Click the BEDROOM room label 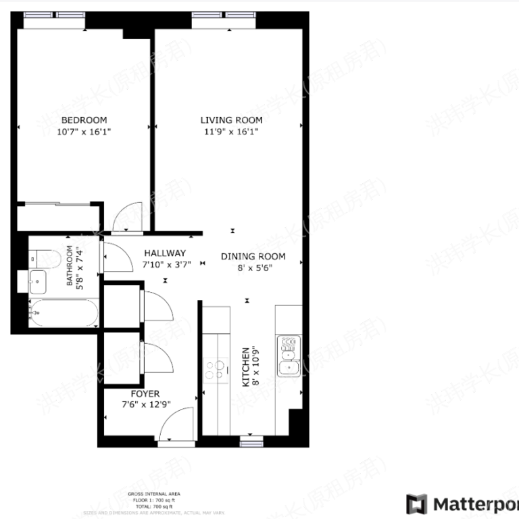[x=84, y=120]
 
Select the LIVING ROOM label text [x=230, y=120]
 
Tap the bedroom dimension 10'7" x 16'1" [x=84, y=132]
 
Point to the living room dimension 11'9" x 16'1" [x=230, y=132]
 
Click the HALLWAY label [x=164, y=253]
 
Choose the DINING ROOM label [x=253, y=256]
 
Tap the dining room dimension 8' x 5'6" [x=253, y=268]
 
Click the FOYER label [x=145, y=394]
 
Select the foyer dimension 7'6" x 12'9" [x=145, y=405]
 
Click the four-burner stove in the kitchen [x=216, y=369]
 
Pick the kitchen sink [x=289, y=354]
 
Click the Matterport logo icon [x=417, y=504]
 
